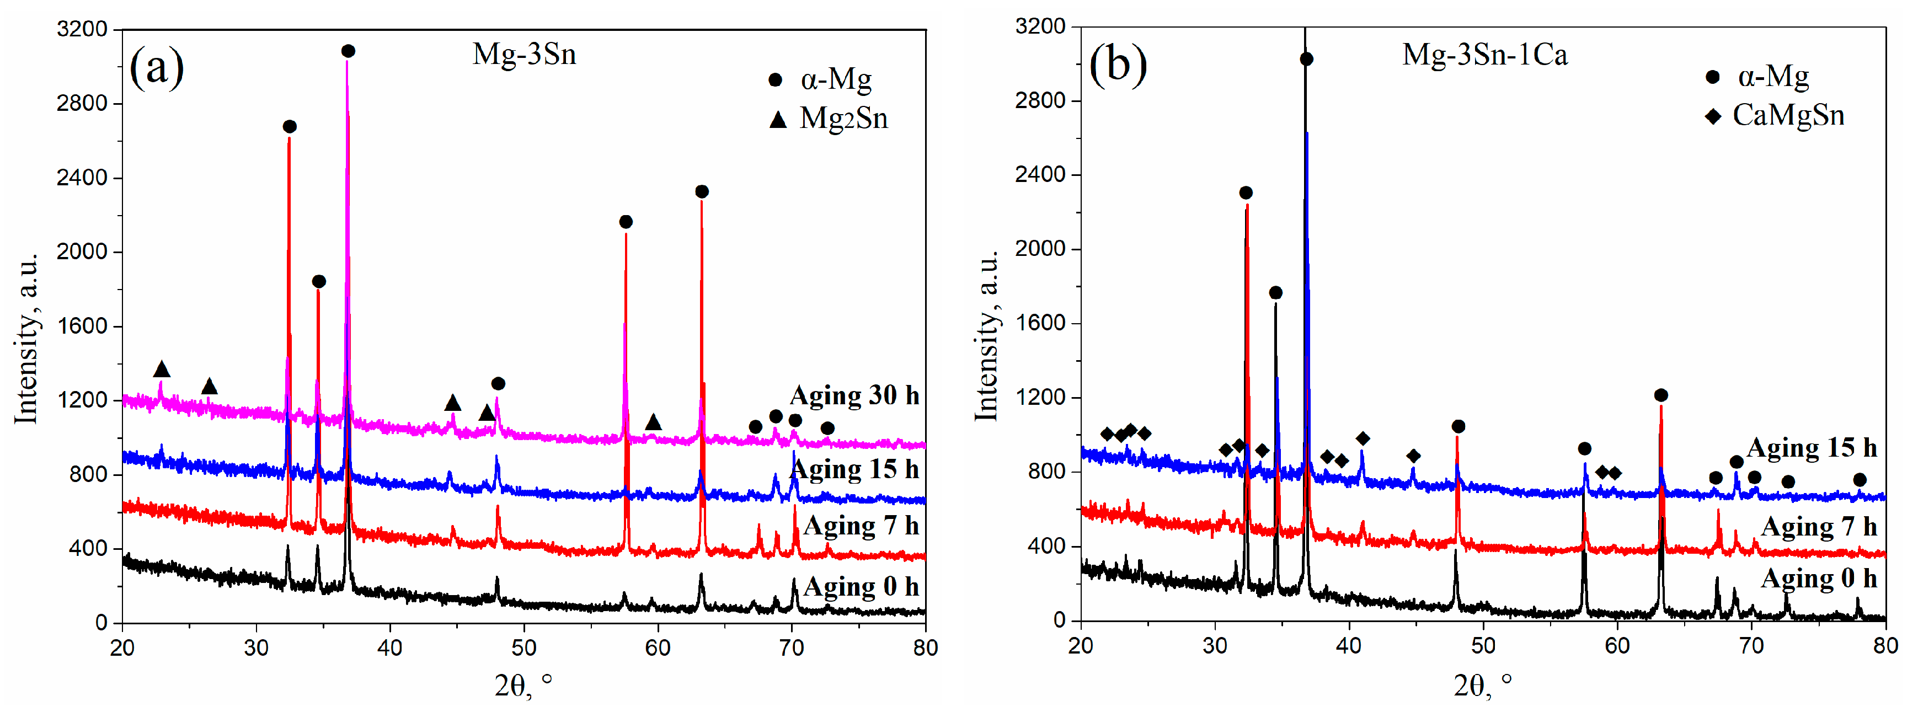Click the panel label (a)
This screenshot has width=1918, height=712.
(156, 67)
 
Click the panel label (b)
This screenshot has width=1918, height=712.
(1117, 64)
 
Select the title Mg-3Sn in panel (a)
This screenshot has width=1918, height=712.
(524, 55)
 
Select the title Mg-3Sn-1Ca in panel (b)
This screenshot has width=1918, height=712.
(1484, 55)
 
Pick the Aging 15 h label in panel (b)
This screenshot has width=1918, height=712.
(1812, 448)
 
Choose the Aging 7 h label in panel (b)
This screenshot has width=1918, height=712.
(1818, 527)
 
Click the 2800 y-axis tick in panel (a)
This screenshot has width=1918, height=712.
(82, 103)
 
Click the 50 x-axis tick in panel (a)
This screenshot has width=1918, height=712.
(523, 647)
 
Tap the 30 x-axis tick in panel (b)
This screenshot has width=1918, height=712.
(1214, 645)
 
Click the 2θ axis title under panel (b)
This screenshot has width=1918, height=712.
(1482, 684)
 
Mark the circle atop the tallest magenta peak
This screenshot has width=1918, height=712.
(348, 51)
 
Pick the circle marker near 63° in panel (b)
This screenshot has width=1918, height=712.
(1660, 395)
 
